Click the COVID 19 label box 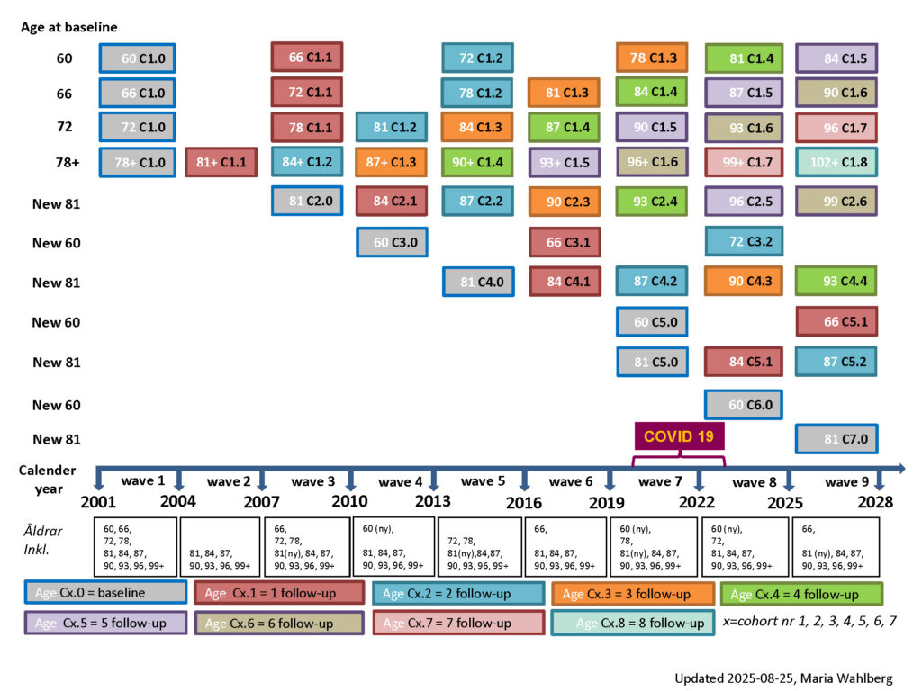click(680, 436)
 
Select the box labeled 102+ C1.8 click(836, 162)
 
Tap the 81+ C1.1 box click(221, 162)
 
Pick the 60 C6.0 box click(744, 405)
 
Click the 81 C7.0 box click(836, 439)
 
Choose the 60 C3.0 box click(393, 242)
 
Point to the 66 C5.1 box click(836, 321)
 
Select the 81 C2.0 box click(307, 202)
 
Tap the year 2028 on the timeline click(874, 502)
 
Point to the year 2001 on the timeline click(98, 502)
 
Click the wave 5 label click(477, 481)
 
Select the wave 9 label click(841, 482)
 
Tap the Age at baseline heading click(69, 27)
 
